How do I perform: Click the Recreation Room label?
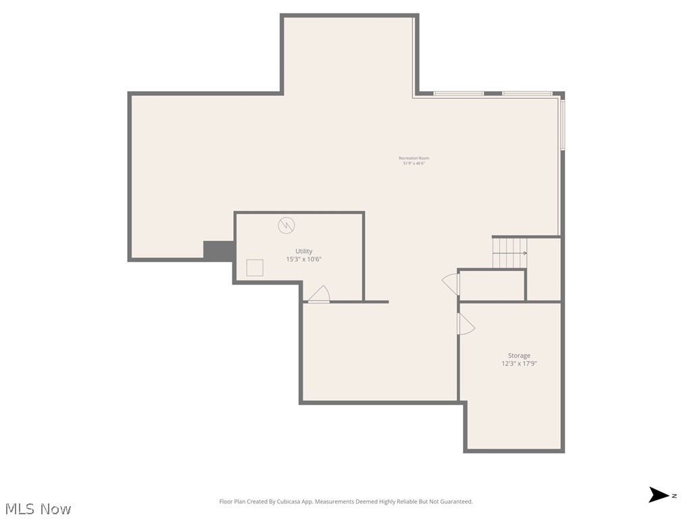tap(414, 158)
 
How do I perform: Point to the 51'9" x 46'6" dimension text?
tap(414, 164)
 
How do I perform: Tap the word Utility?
tap(303, 251)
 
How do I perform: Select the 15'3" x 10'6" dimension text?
tap(303, 259)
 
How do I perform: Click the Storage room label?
tap(519, 355)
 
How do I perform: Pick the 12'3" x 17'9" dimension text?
tap(519, 364)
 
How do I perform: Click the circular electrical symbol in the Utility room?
tap(286, 225)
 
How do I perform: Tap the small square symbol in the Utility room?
tap(255, 268)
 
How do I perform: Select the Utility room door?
tap(319, 295)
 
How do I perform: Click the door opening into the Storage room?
tap(466, 324)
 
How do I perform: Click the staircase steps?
tap(508, 253)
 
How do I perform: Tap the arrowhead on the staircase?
tap(524, 253)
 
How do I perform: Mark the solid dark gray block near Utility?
tap(218, 250)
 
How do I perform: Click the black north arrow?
tap(658, 495)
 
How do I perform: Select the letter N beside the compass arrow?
tap(674, 496)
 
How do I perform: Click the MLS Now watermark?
tap(38, 509)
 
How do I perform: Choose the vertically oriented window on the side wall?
tap(562, 125)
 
